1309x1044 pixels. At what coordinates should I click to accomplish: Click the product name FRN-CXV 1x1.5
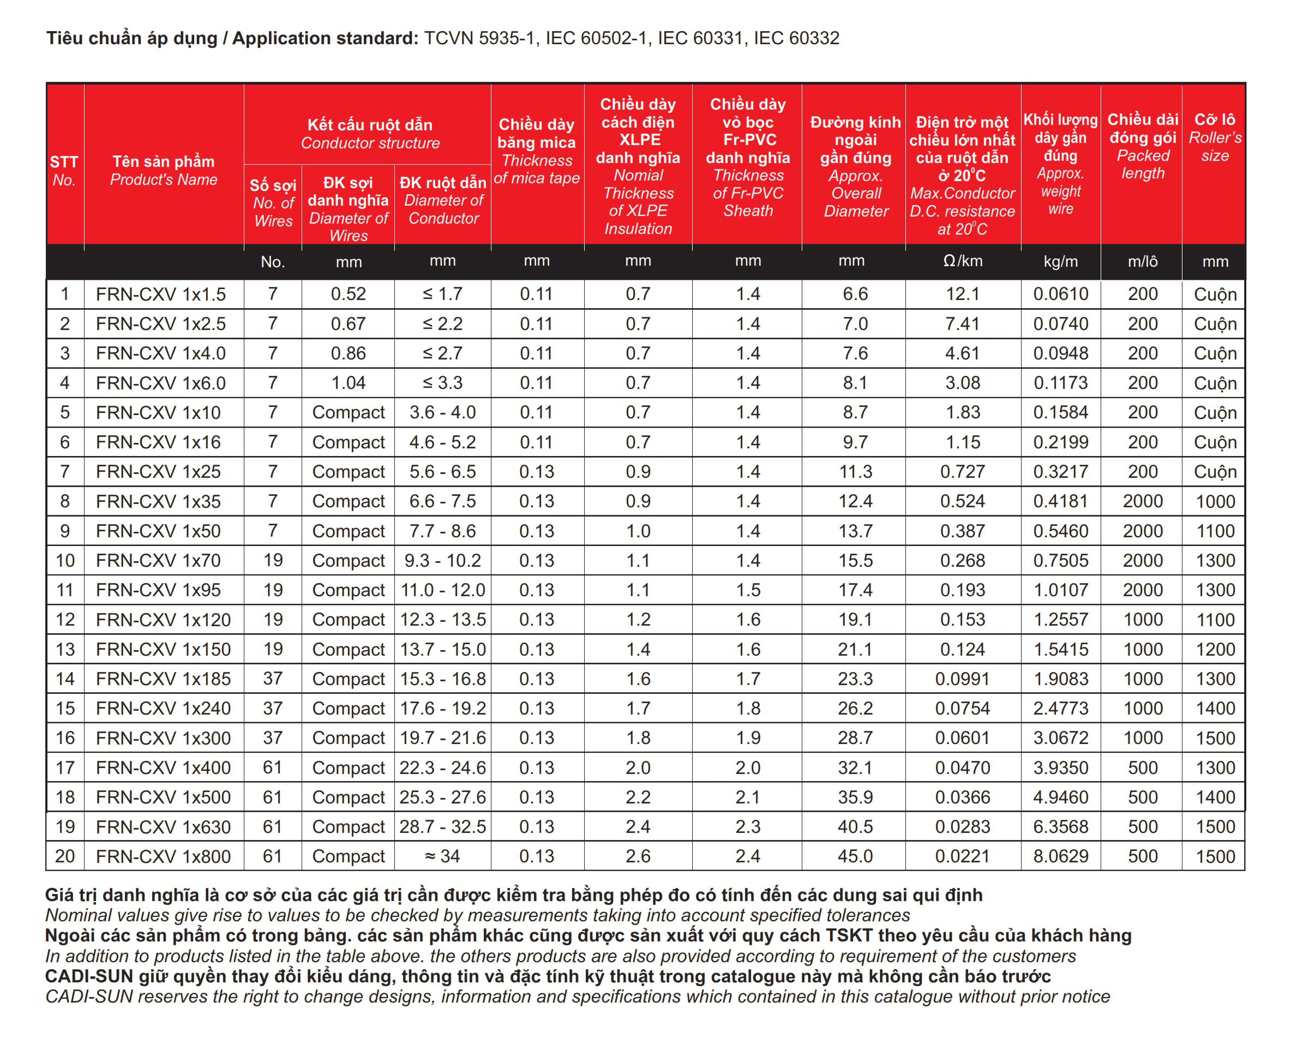(x=161, y=295)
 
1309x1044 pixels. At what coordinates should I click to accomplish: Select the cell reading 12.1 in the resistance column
(x=962, y=295)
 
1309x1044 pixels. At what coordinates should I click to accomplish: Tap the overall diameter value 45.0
(x=855, y=856)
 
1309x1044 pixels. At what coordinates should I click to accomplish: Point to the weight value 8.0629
(x=1061, y=856)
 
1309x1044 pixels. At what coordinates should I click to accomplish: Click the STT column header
(x=64, y=171)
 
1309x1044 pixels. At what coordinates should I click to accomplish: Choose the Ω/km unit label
(x=962, y=261)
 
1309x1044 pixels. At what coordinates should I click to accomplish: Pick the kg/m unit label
(x=1061, y=262)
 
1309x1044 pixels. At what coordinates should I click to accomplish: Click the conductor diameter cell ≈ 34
(x=443, y=856)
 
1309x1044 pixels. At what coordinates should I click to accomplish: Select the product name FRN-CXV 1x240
(x=163, y=709)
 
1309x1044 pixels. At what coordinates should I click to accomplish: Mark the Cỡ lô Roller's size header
(x=1215, y=137)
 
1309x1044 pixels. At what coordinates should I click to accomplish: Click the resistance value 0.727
(x=962, y=472)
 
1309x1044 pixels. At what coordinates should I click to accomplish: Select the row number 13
(x=65, y=650)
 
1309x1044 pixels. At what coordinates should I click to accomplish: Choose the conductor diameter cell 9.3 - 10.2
(x=443, y=561)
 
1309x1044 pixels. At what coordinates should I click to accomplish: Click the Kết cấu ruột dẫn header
(x=370, y=134)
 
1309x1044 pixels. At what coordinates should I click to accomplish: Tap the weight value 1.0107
(x=1061, y=590)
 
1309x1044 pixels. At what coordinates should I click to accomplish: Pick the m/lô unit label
(x=1143, y=262)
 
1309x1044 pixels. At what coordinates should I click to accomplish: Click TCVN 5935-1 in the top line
(x=479, y=38)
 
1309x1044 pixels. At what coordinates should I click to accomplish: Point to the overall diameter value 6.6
(x=855, y=295)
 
